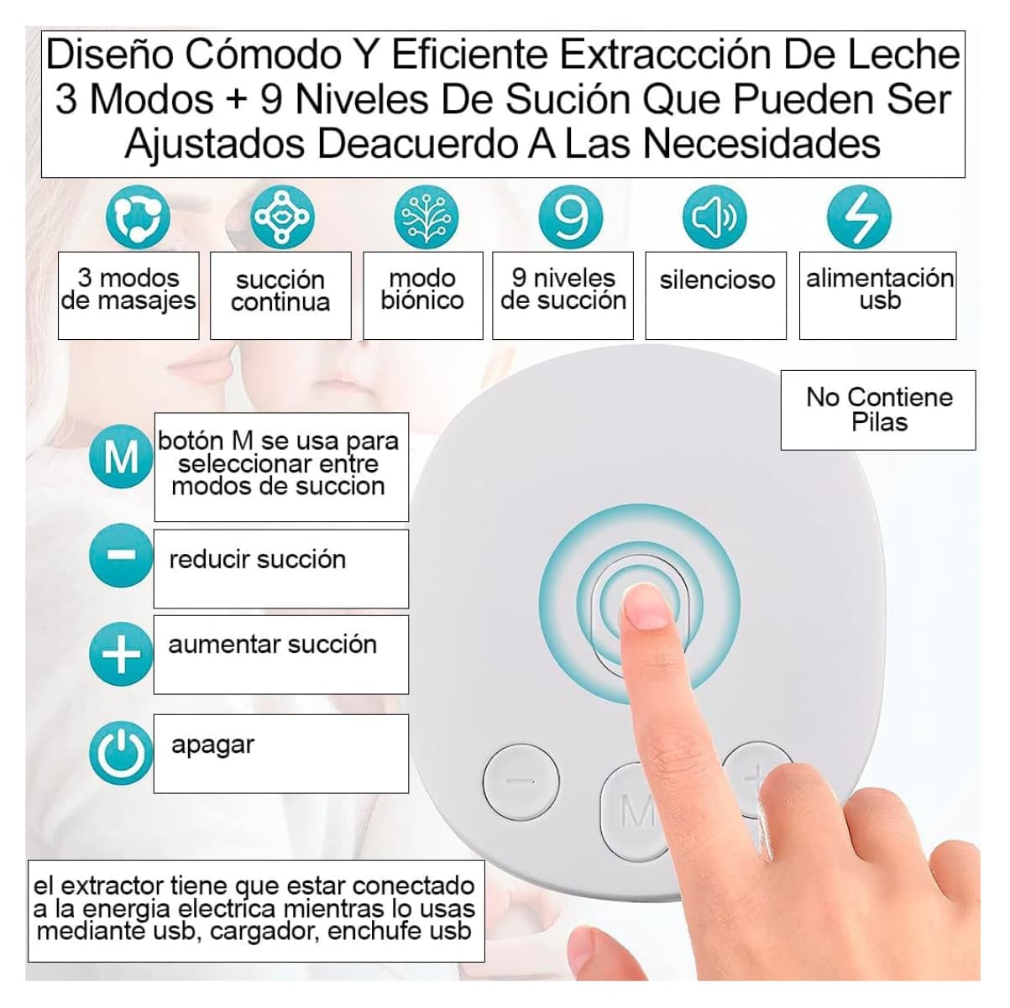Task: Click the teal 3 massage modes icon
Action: (138, 217)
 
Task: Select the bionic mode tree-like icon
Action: (427, 217)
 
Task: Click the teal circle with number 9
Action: (571, 217)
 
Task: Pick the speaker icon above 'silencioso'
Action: (714, 217)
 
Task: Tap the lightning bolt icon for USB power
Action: (859, 217)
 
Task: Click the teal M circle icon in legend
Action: (122, 458)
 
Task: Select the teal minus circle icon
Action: (122, 555)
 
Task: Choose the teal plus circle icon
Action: (122, 653)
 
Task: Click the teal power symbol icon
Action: (122, 753)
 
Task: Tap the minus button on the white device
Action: (521, 781)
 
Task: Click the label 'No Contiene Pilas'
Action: (878, 410)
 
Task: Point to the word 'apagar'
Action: (212, 744)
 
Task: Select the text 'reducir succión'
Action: (257, 559)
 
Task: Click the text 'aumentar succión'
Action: (272, 645)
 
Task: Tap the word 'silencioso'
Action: (716, 279)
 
